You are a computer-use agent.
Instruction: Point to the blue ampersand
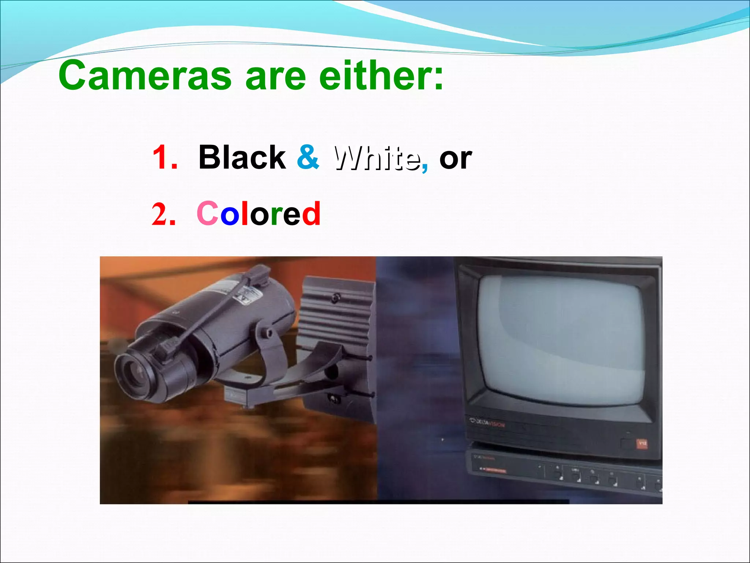(308, 157)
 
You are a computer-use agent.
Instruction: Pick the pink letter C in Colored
(207, 214)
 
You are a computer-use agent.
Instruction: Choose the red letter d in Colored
(311, 214)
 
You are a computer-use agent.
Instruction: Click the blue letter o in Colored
(229, 216)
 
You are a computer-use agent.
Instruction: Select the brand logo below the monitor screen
(487, 424)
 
